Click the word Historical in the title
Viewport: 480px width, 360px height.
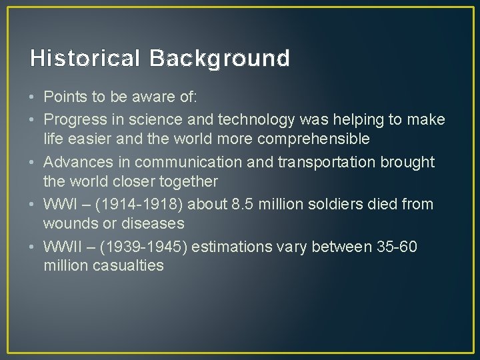click(85, 59)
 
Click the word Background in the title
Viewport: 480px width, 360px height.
click(219, 59)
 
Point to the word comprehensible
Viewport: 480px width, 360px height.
click(314, 139)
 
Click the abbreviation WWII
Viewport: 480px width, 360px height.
click(60, 247)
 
